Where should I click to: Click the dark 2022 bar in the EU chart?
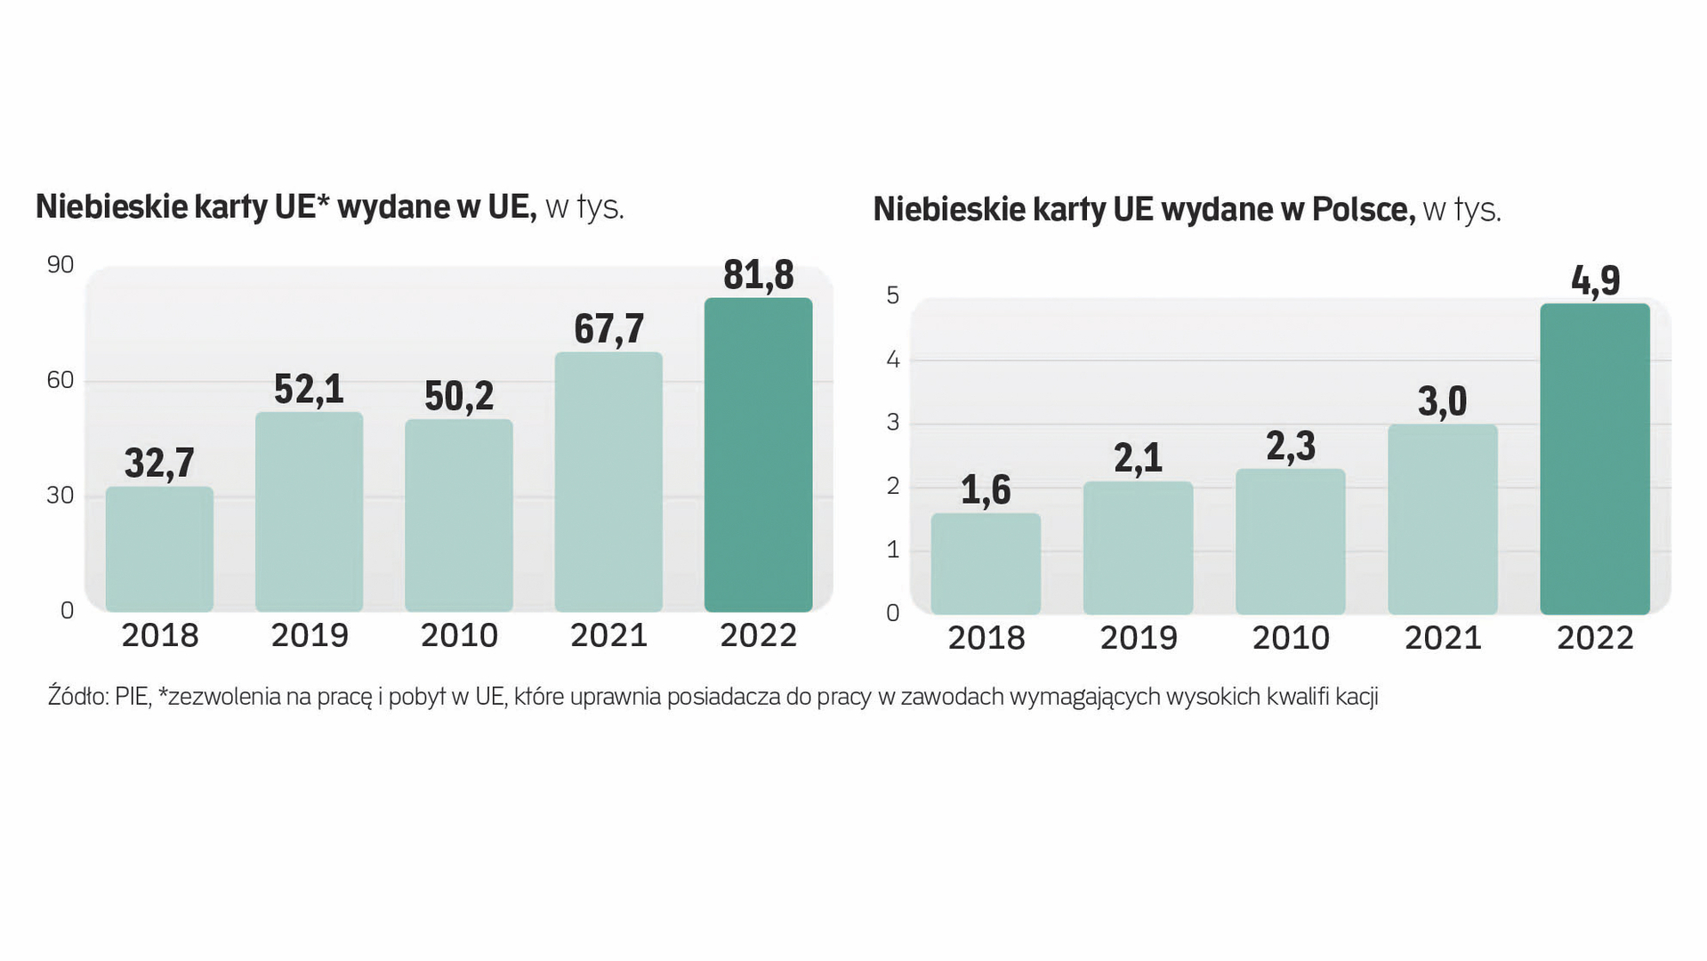pos(758,455)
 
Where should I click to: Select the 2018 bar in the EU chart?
pos(159,549)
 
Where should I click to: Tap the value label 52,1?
pos(309,390)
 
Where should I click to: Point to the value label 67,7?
pos(608,329)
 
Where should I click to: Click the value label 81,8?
pos(758,275)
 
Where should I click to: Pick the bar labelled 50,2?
pos(459,515)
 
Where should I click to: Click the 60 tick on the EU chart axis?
pos(60,381)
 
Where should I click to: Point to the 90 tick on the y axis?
pos(60,265)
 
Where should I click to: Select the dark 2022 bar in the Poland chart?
pos(1595,459)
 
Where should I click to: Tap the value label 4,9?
pos(1595,281)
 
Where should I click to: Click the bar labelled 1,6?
pos(986,563)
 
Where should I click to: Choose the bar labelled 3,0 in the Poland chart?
pos(1443,519)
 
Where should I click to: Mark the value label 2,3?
pos(1291,446)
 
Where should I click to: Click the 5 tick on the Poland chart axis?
pos(893,295)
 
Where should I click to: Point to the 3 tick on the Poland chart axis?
pos(893,423)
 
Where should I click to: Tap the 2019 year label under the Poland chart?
pos(1139,638)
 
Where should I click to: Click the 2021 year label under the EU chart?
pos(608,635)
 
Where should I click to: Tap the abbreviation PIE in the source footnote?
pos(133,697)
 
